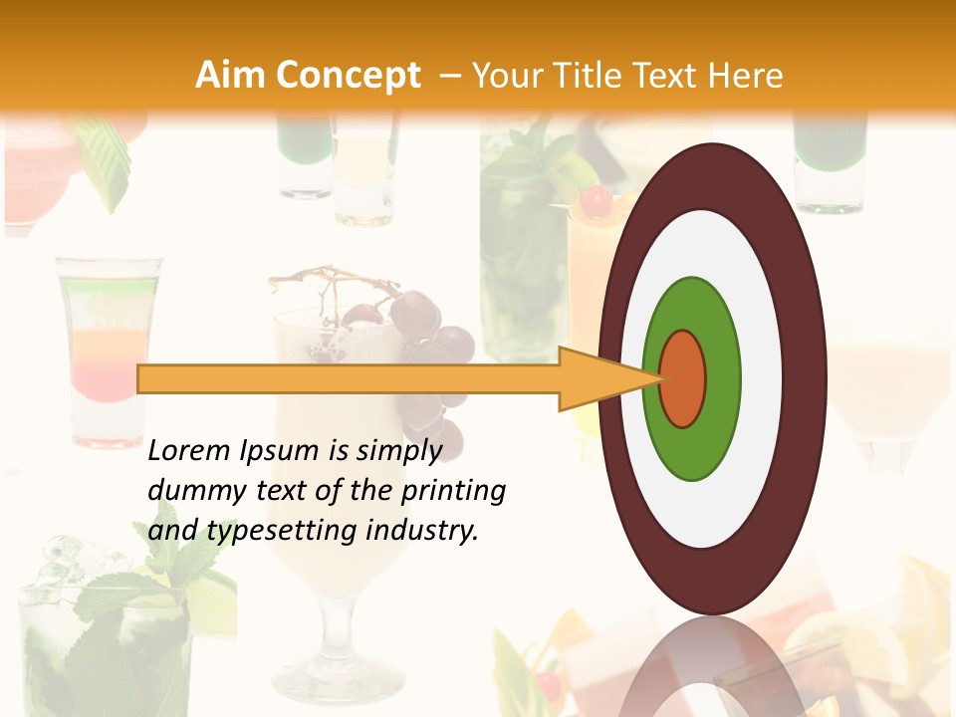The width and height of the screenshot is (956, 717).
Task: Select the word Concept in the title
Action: pos(348,76)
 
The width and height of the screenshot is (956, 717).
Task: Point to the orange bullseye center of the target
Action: pos(683,378)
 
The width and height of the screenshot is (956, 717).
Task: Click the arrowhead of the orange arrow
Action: pos(597,378)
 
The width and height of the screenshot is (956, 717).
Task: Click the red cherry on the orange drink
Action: pos(597,202)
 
